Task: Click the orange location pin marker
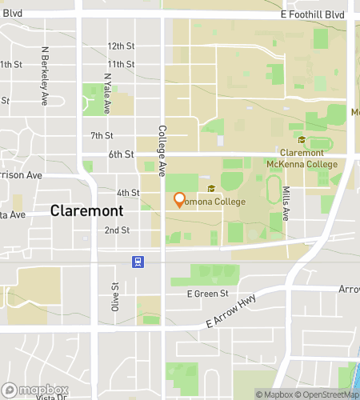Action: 179,199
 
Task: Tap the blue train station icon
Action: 138,261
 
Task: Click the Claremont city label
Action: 86,211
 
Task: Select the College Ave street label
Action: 162,151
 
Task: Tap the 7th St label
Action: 102,135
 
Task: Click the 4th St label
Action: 128,193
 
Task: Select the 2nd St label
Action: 117,230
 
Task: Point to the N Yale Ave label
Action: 106,90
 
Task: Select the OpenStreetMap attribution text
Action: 326,394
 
